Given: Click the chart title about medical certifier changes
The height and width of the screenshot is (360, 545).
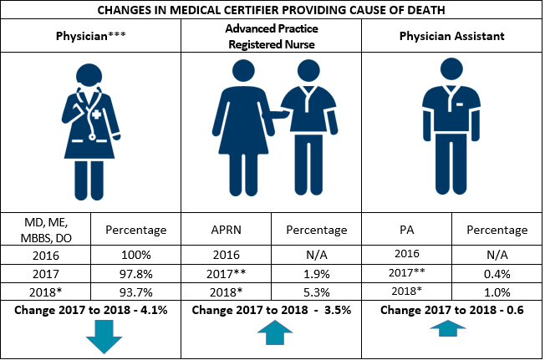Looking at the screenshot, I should coord(272,10).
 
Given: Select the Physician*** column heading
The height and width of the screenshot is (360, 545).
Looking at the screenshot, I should coord(91,37).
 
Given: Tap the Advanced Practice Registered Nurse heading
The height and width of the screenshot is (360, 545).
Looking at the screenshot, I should coord(272,37).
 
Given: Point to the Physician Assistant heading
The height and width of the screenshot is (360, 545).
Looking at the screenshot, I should coord(452,37).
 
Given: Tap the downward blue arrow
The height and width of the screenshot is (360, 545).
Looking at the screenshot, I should coord(104,341).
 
